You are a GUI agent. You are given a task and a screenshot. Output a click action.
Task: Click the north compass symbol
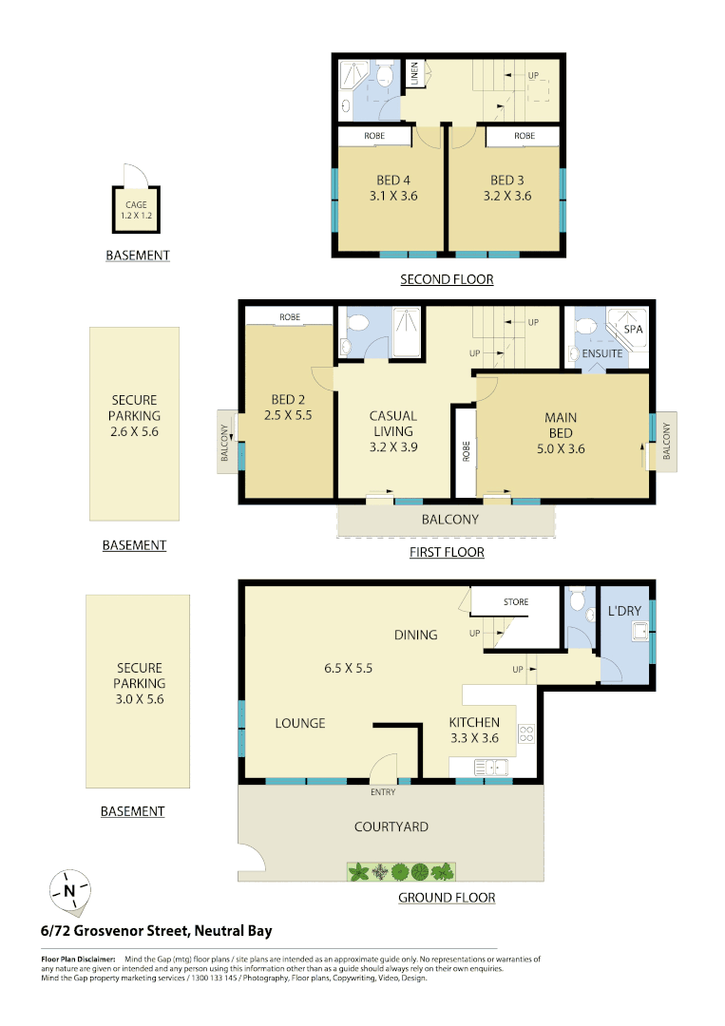69,891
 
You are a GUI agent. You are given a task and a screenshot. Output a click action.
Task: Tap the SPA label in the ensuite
632,330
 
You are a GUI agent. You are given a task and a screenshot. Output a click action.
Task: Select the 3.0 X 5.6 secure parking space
139,683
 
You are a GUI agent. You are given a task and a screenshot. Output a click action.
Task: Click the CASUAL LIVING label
392,423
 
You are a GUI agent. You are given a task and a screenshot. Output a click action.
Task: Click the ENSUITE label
602,353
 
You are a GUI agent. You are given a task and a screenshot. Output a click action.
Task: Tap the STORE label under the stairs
516,602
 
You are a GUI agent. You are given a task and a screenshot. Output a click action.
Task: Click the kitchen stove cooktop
525,733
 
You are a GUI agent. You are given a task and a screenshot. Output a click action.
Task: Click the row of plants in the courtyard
402,871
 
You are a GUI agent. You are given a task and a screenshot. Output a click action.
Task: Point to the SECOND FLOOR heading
447,279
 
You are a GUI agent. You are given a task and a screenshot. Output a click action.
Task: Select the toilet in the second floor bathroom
386,76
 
